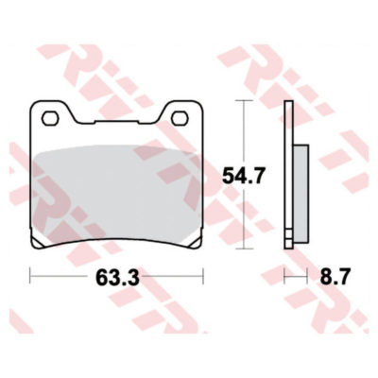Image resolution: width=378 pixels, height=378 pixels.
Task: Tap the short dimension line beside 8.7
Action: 297,278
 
